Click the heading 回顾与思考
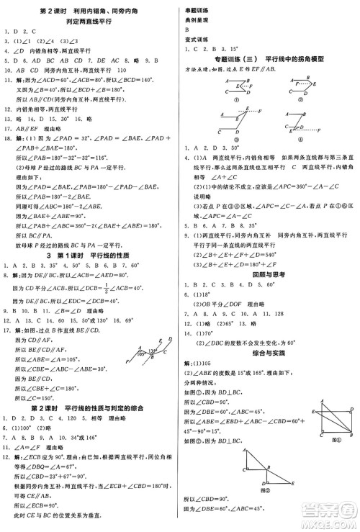[268, 274]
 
